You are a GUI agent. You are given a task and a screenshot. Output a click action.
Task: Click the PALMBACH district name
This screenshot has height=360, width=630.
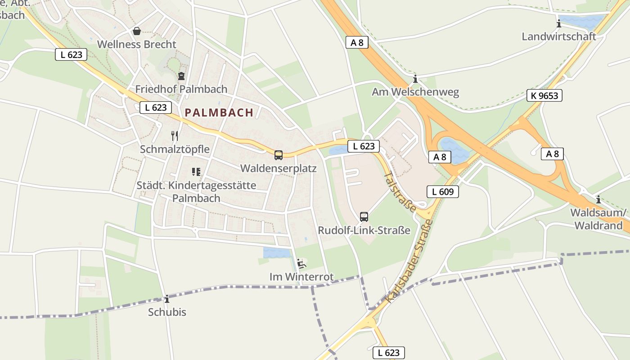pos(219,112)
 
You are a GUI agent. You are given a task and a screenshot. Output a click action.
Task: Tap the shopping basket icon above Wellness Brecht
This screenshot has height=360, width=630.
pos(136,31)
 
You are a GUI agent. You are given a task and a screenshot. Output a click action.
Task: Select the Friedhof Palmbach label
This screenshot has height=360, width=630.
pos(181,89)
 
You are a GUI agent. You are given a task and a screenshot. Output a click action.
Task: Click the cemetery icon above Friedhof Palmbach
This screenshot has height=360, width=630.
pos(181,76)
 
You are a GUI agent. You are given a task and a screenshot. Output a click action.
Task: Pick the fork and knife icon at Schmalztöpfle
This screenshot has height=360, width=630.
pos(175,135)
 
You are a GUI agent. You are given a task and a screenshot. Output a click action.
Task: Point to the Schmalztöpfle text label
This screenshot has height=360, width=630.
pos(175,149)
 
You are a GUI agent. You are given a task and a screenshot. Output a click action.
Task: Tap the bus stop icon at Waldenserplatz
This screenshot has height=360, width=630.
pos(279,155)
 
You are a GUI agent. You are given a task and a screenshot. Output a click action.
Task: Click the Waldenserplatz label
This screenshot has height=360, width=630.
pos(279,168)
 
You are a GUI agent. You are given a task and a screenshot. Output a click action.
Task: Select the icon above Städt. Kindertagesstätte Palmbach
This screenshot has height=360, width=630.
pos(196,171)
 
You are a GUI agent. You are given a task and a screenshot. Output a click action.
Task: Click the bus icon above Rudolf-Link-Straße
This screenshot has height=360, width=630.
pos(364,216)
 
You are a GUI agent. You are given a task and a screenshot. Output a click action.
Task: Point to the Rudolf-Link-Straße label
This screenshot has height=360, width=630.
pos(364,230)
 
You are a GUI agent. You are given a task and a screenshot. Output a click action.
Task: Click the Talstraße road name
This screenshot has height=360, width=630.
pos(400,192)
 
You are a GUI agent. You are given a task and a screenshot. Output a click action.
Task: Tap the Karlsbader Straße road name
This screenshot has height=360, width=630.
pos(409,261)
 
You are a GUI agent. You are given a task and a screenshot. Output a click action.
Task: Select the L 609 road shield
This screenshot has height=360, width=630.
pos(442,192)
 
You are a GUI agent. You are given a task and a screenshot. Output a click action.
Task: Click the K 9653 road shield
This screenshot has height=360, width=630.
pos(544,95)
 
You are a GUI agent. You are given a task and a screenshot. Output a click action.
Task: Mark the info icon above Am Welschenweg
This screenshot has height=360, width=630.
pos(415,79)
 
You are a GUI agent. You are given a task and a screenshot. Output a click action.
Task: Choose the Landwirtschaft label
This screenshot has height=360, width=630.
pos(559,36)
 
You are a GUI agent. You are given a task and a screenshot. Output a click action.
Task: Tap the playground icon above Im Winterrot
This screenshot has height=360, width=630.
pos(301,263)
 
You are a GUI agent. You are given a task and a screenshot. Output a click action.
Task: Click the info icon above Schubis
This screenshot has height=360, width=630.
pos(167,299)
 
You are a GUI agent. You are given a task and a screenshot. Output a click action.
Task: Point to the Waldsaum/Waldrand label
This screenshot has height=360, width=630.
pos(598,219)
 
